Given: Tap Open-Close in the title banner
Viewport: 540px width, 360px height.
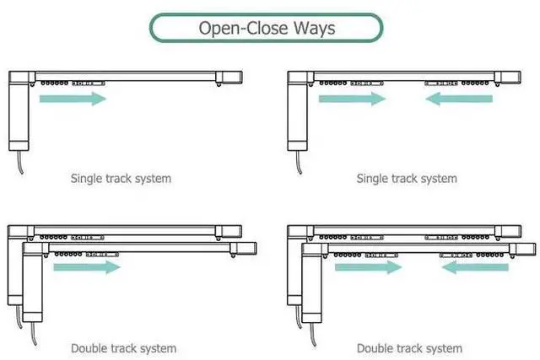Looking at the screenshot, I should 242,28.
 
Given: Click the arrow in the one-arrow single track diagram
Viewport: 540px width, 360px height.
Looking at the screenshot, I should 73,99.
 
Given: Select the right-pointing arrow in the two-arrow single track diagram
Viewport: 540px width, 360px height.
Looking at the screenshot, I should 352,99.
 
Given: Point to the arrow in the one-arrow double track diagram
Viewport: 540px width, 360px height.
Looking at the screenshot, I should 86,267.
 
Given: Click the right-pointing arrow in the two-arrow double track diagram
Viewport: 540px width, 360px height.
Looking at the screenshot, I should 369,267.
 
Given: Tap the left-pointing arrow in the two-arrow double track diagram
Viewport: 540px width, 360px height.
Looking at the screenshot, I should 475,267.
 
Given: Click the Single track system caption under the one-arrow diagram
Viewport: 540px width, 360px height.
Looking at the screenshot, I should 121,179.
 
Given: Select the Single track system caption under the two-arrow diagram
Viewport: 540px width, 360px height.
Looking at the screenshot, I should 407,179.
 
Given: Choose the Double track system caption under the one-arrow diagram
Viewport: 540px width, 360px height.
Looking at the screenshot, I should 124,348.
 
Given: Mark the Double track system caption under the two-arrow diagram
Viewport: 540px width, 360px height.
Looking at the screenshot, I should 409,348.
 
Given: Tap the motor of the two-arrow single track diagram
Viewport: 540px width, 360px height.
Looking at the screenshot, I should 298,114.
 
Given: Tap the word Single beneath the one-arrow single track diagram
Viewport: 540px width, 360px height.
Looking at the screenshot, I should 87,179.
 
